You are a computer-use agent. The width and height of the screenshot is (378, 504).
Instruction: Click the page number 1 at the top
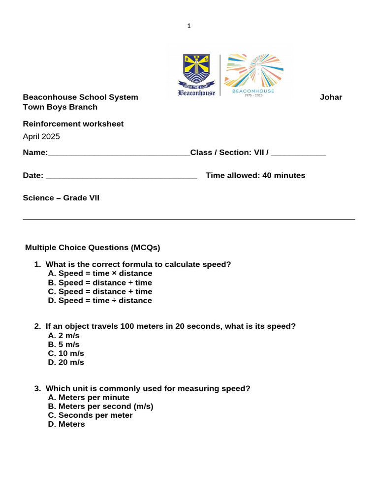click(x=189, y=26)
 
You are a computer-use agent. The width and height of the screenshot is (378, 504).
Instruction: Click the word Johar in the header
click(x=331, y=97)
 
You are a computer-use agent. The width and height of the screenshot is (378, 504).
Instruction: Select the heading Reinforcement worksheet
click(x=73, y=124)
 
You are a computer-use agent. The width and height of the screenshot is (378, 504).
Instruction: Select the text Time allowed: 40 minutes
click(x=255, y=176)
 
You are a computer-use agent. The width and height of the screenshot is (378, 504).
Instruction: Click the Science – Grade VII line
click(x=61, y=198)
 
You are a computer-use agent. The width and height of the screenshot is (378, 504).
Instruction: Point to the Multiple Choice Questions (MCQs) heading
click(x=93, y=248)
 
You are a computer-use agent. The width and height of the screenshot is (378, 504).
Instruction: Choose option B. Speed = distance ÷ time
click(x=100, y=283)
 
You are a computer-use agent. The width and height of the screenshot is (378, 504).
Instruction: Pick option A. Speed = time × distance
click(x=100, y=274)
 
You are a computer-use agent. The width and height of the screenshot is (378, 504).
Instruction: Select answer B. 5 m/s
click(x=64, y=345)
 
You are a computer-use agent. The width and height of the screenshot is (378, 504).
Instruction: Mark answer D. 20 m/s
click(x=66, y=362)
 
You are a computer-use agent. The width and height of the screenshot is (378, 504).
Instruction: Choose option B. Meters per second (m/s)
click(x=101, y=407)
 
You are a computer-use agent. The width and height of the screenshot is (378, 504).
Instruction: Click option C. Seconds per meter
click(x=91, y=415)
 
